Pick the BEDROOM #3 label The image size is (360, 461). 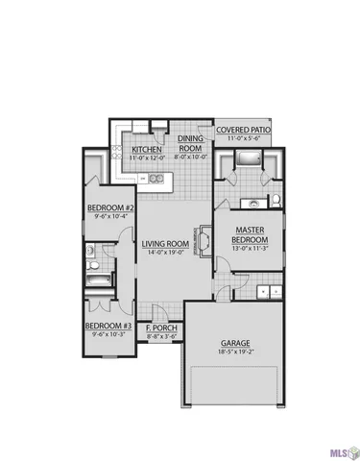point(108,327)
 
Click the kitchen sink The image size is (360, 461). point(154,179)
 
